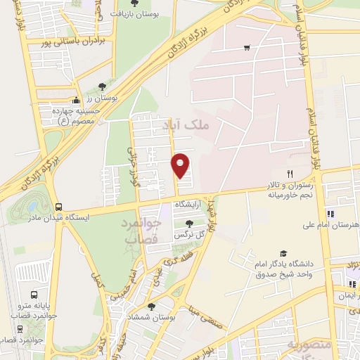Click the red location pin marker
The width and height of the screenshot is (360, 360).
pos(181,165)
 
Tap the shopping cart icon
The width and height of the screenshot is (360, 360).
pos(247,48)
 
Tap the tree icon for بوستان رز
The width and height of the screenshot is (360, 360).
pos(104,86)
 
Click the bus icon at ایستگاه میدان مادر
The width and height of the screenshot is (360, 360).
pos(58,207)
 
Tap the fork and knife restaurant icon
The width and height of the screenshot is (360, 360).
pos(289,173)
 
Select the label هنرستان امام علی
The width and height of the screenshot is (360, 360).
pos(332,226)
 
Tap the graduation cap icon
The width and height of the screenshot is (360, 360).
pos(283,253)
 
